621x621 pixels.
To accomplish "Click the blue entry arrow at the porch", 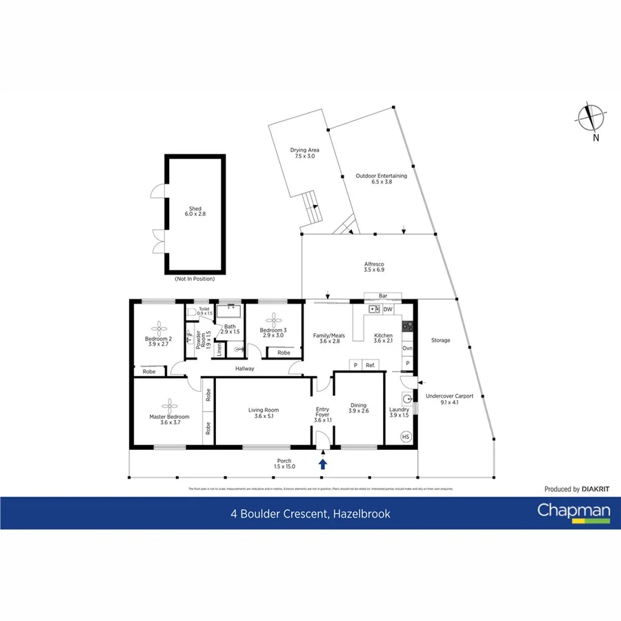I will coord(322,463).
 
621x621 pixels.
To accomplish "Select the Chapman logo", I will coord(574,512).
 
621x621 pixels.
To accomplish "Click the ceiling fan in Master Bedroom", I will coord(169,404).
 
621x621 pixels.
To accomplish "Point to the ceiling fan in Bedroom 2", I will coord(159,327).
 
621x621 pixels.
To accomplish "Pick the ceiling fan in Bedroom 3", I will coord(275,319).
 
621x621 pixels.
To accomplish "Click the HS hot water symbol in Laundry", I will coord(406,437).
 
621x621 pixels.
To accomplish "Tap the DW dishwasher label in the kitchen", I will coord(388,309).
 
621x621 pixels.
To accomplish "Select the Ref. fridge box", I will coord(371,364).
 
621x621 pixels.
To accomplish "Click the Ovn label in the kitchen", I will coord(407,348).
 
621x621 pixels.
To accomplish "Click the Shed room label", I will coord(195,211).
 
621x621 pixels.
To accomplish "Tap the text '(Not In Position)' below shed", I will coord(195,279).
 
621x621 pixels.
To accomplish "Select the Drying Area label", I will coord(304,153).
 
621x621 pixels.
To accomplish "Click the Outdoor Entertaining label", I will coord(381,179).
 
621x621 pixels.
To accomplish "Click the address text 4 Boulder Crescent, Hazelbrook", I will coord(310,513).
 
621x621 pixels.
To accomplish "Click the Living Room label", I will coord(264,413).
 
